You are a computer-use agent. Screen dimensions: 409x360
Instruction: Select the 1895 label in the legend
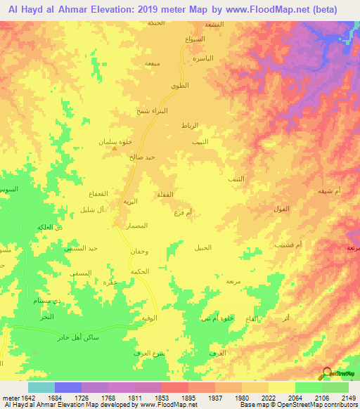[x=188, y=398]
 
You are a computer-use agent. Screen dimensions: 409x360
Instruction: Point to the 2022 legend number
[x=268, y=398]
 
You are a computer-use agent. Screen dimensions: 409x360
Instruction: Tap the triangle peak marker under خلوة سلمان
[x=115, y=148]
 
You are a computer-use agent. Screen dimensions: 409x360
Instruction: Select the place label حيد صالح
[x=141, y=157]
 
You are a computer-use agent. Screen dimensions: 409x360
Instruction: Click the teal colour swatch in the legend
[x=41, y=387]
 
